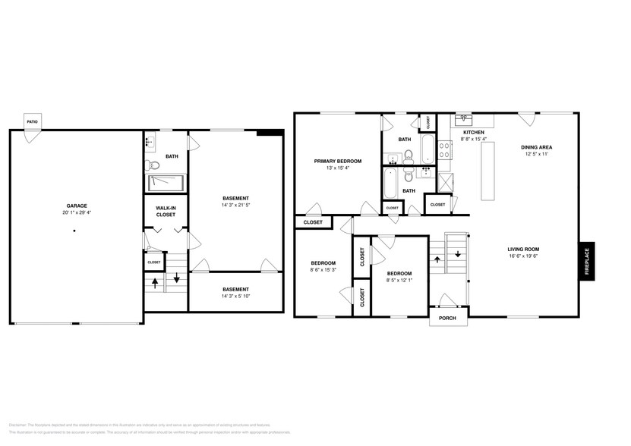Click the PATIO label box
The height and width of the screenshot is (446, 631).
coord(32,121)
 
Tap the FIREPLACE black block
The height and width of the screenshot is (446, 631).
coord(587,262)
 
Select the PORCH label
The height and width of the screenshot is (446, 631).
coord(447,318)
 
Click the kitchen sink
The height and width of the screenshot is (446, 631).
coord(463,120)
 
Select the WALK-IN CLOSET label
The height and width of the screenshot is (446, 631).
coord(166,211)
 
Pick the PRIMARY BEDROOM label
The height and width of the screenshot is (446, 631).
coord(338,161)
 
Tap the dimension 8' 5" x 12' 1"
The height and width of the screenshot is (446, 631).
coord(399,280)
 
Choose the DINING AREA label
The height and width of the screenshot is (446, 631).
coord(536,147)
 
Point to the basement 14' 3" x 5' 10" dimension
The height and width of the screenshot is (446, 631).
coord(235,297)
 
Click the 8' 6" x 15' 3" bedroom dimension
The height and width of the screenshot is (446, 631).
coord(323,270)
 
